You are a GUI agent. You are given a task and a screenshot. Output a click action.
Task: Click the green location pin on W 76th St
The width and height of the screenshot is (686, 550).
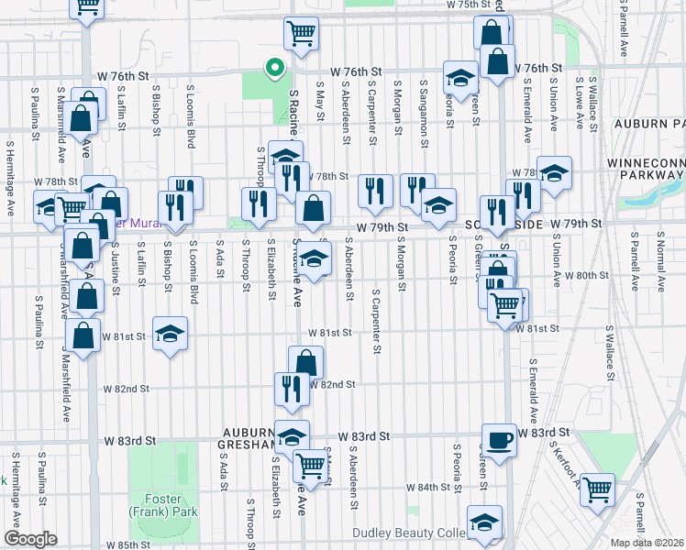coord(272,68)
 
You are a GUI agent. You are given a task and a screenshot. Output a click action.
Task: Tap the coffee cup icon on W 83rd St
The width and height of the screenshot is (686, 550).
coord(499,438)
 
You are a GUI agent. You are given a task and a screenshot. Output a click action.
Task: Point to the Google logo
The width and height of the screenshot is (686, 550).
coord(30,539)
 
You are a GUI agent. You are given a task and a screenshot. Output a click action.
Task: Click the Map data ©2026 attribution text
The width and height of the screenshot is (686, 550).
coord(647,542)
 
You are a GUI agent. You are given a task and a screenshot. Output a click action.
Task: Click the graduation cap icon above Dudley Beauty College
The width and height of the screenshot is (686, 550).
coord(484,522)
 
